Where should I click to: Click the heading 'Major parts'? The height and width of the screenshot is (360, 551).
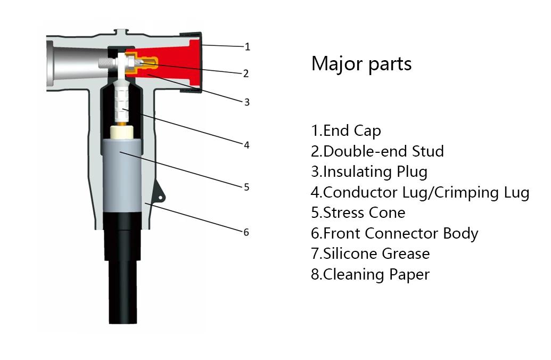click(x=361, y=64)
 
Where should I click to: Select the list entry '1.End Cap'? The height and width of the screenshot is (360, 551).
click(x=346, y=130)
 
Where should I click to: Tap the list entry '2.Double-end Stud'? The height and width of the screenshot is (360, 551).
click(x=377, y=151)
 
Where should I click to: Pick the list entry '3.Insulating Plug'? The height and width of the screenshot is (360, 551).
click(x=369, y=171)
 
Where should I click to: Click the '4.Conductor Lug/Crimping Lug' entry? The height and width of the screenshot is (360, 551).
click(x=420, y=192)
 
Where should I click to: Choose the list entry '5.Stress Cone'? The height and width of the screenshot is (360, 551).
click(x=358, y=212)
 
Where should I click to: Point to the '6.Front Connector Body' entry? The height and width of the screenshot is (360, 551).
click(x=394, y=233)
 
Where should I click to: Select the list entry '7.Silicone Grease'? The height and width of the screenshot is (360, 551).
click(x=370, y=253)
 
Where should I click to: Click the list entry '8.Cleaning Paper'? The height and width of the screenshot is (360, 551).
click(x=370, y=274)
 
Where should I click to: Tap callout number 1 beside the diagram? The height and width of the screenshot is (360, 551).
click(x=247, y=47)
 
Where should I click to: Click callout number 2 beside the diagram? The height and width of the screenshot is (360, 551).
click(x=245, y=73)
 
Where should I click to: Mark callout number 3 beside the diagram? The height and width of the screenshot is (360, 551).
click(x=246, y=102)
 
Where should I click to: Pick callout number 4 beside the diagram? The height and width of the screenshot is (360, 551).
click(x=246, y=144)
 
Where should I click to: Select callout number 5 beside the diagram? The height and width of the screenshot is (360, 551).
click(x=246, y=187)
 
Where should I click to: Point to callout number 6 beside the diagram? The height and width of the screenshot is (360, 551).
click(x=246, y=232)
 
